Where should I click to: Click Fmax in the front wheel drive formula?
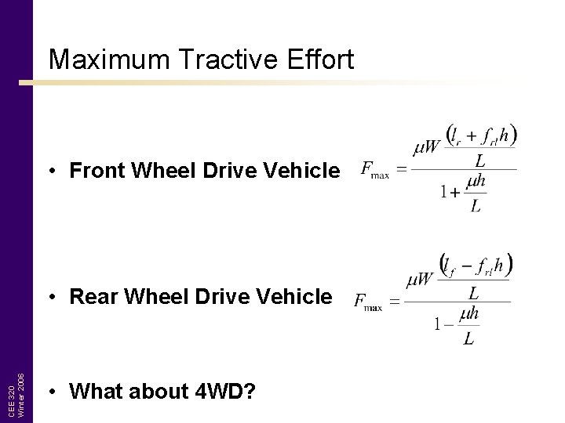[x=374, y=170]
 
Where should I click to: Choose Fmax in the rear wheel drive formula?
[x=368, y=302]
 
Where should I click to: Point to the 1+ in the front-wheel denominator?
[x=450, y=191]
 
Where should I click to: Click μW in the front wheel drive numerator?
[x=427, y=146]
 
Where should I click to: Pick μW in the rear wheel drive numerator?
[x=421, y=279]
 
